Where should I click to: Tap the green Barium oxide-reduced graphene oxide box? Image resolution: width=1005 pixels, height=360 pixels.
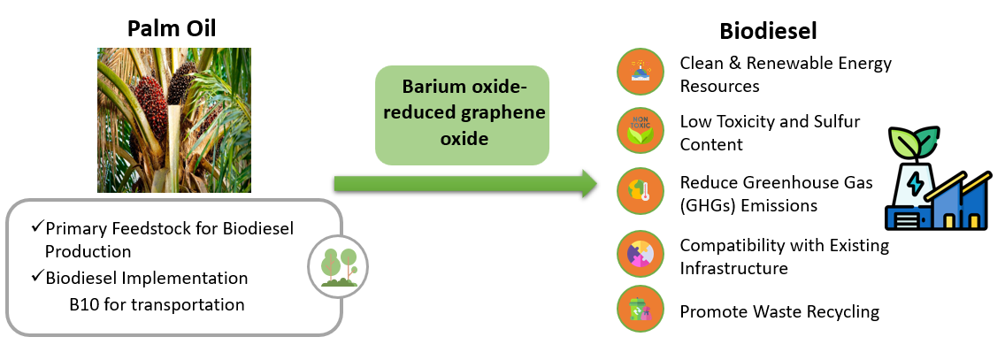(462, 114)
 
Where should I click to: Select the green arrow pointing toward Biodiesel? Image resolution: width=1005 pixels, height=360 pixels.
(465, 184)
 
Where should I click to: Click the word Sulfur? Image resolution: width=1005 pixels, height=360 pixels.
(836, 121)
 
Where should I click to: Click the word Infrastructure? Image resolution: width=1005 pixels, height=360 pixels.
(733, 267)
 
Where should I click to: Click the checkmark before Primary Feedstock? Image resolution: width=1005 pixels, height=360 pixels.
(37, 227)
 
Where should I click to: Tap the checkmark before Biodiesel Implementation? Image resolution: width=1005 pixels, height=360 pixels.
(37, 277)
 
